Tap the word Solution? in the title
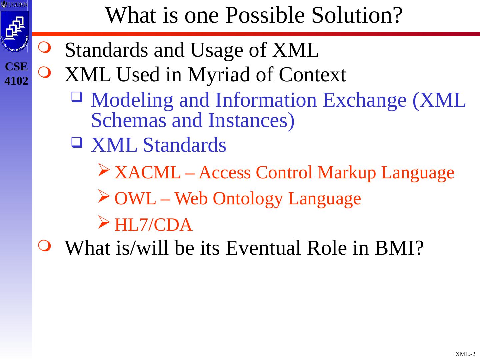pos(357,15)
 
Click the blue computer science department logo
pos(14,31)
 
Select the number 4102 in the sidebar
pos(16,81)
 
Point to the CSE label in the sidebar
pos(16,66)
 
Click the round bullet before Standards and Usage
pos(45,47)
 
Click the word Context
pos(312,75)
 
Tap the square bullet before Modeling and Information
pos(77,97)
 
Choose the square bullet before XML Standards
pos(77,142)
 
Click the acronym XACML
pos(148,172)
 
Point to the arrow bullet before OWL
pos(104,196)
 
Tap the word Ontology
pos(248,199)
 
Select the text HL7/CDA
pos(154,225)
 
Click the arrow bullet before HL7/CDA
pos(104,222)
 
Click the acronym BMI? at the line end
pos(399,248)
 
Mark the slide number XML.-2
pos(465,354)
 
